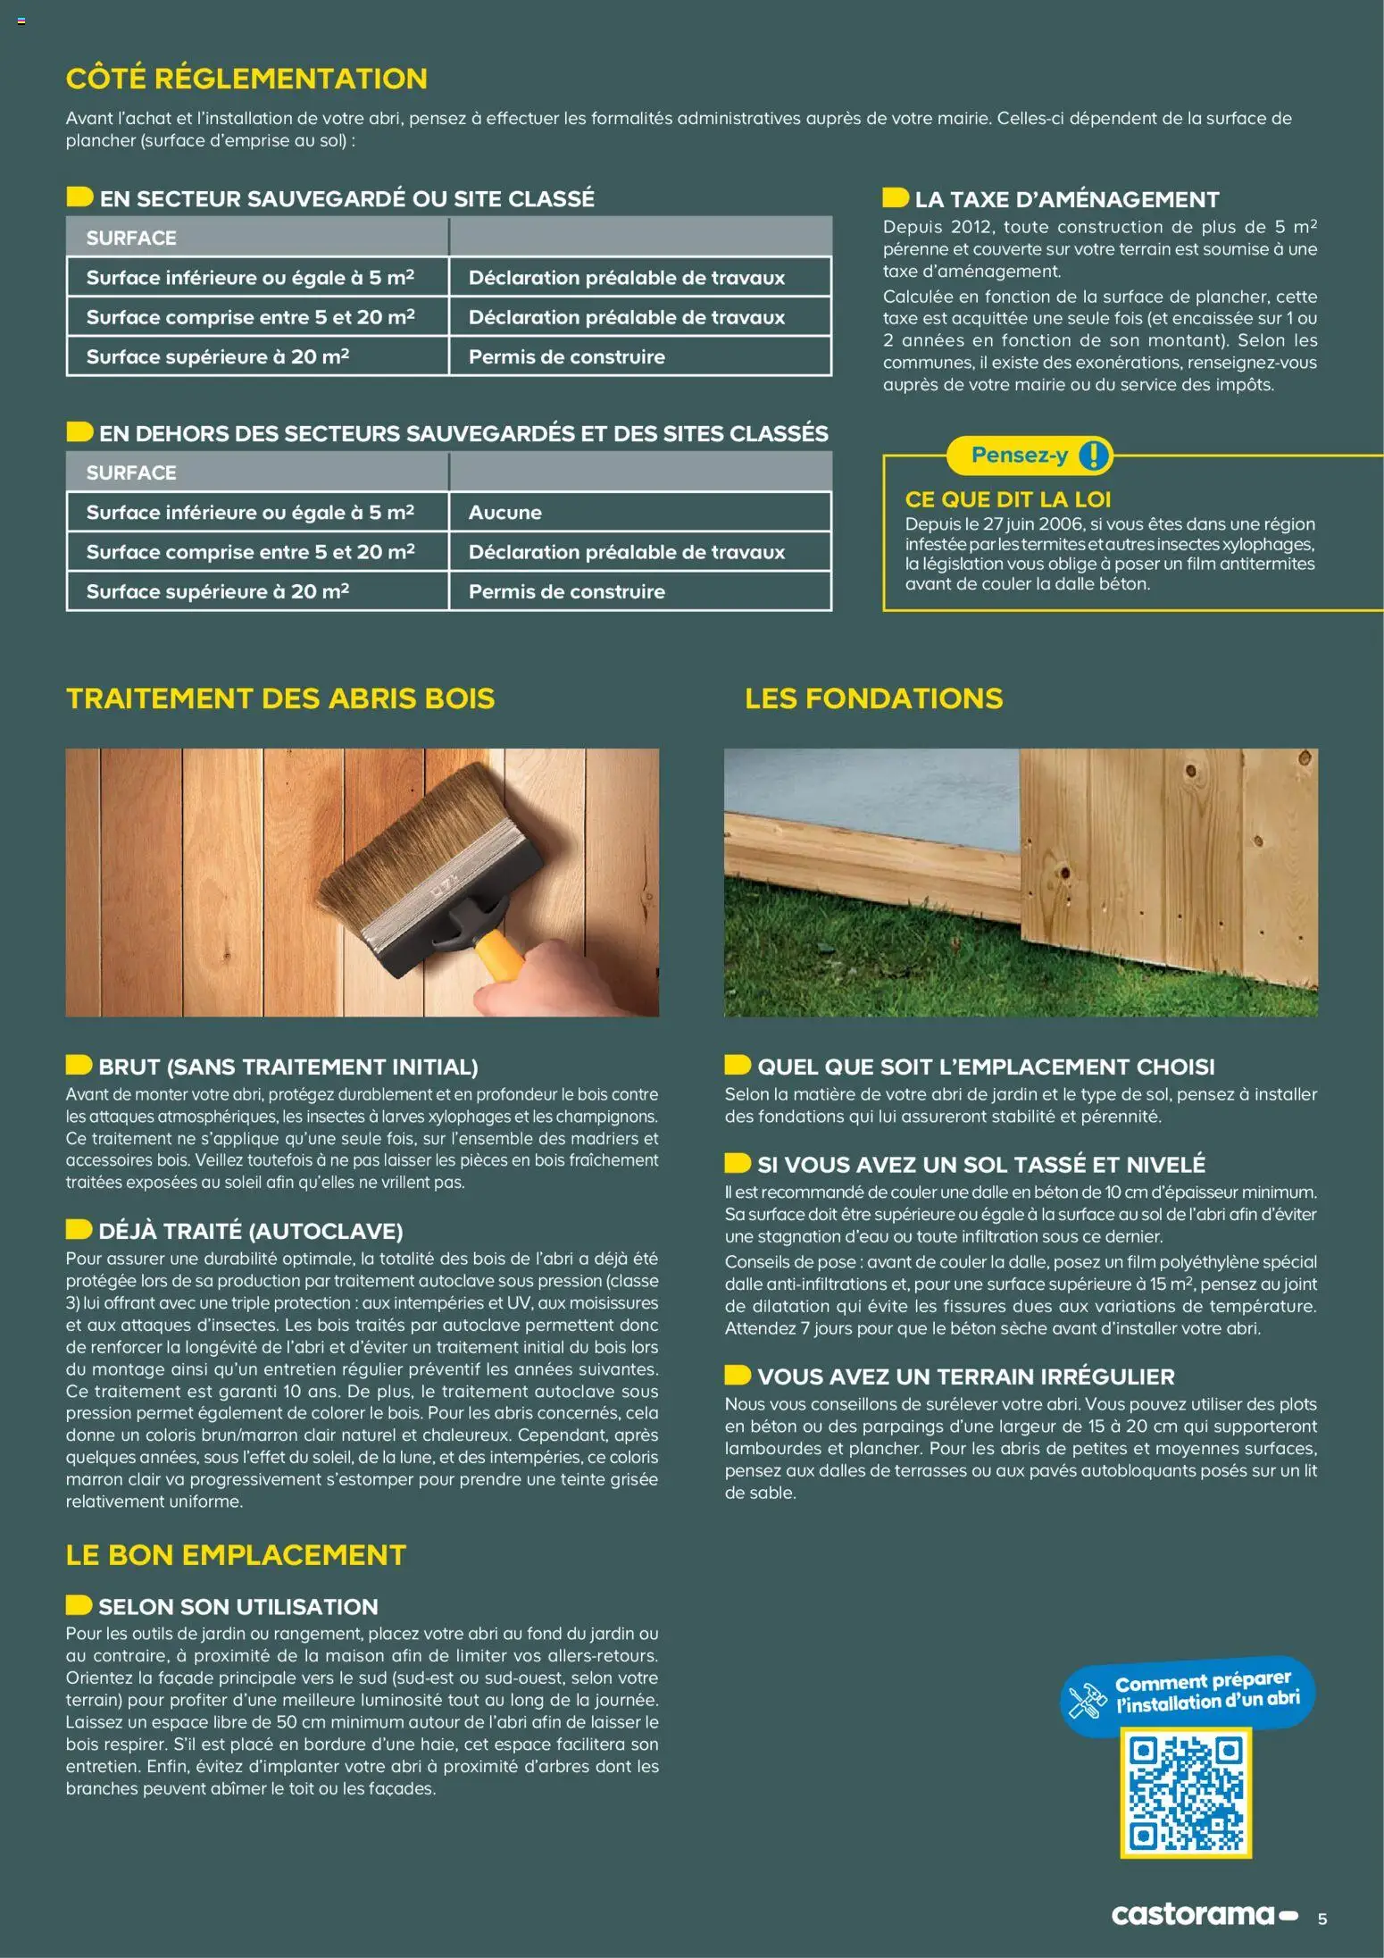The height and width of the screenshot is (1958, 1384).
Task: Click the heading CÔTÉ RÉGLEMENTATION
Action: click(246, 79)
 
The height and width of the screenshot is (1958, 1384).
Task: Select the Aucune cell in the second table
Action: click(505, 513)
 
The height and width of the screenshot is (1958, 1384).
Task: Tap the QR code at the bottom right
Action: click(1186, 1793)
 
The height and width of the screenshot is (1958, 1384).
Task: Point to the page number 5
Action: click(1322, 1919)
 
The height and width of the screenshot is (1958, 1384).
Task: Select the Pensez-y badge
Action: click(1021, 456)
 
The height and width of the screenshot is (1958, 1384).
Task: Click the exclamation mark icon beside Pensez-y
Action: click(1094, 456)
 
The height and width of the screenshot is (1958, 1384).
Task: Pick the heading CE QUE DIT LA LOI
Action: click(1008, 499)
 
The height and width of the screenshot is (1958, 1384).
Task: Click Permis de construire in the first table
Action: click(566, 357)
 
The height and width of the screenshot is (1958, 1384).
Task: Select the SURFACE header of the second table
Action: click(131, 473)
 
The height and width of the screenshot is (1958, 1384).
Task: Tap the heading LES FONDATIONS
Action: click(873, 699)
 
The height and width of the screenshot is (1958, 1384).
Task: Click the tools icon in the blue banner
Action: click(1088, 1699)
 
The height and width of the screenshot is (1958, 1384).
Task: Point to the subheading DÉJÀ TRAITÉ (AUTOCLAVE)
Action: click(250, 1231)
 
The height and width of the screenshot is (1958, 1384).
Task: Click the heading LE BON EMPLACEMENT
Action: click(236, 1555)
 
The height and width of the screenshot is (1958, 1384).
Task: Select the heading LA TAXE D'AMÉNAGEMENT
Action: click(1066, 199)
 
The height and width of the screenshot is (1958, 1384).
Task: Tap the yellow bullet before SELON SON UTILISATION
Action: click(79, 1605)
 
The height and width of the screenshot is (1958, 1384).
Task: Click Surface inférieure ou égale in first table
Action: click(250, 278)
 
